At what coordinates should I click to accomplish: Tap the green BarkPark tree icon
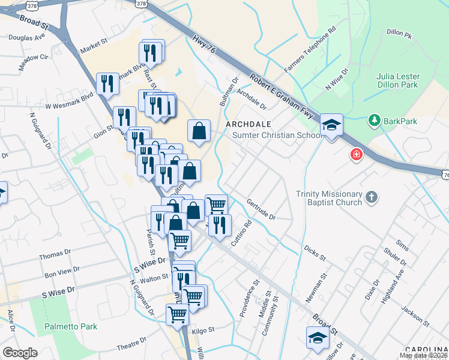coord(375,121)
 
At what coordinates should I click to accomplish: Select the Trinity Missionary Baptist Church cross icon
coord(372,196)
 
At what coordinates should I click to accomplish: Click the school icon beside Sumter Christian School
coord(331,126)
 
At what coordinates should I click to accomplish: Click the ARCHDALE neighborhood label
coord(244,124)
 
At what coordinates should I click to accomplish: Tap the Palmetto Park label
coord(71,327)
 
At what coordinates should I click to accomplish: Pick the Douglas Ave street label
coord(27,38)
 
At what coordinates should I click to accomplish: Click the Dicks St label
coord(314,253)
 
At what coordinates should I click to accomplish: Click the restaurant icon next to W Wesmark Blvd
coord(107,83)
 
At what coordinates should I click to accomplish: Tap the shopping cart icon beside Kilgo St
coord(177,314)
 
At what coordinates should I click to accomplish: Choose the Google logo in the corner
coord(20,353)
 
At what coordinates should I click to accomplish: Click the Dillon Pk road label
coord(400,34)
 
